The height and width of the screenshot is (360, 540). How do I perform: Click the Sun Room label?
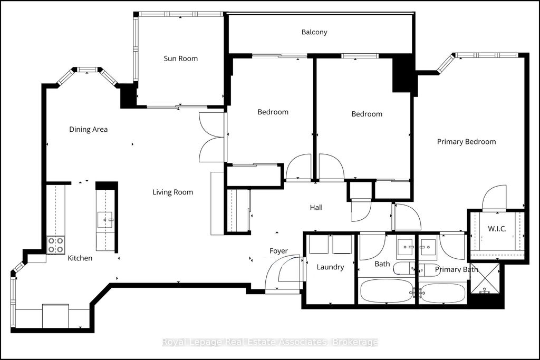pos(180,59)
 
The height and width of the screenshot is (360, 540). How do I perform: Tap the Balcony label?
pos(314,32)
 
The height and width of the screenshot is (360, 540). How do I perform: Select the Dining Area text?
pos(89,129)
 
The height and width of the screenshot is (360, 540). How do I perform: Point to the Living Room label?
pos(173,192)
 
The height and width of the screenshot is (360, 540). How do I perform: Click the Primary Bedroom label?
pos(466,141)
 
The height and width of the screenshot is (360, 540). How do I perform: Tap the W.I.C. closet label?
pos(497,228)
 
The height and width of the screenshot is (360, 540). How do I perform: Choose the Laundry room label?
pos(330,267)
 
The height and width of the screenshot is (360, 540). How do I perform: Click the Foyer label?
pos(278,251)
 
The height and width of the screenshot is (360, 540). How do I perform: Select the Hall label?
pos(316,208)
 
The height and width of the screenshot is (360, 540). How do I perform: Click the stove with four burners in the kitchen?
pos(56,245)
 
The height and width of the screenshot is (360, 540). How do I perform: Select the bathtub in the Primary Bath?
pos(442,293)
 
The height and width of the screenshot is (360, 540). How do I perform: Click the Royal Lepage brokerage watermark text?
pos(269,342)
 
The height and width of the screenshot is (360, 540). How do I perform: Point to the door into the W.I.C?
pos(495,197)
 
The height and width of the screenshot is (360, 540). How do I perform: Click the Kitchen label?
pos(80,258)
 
